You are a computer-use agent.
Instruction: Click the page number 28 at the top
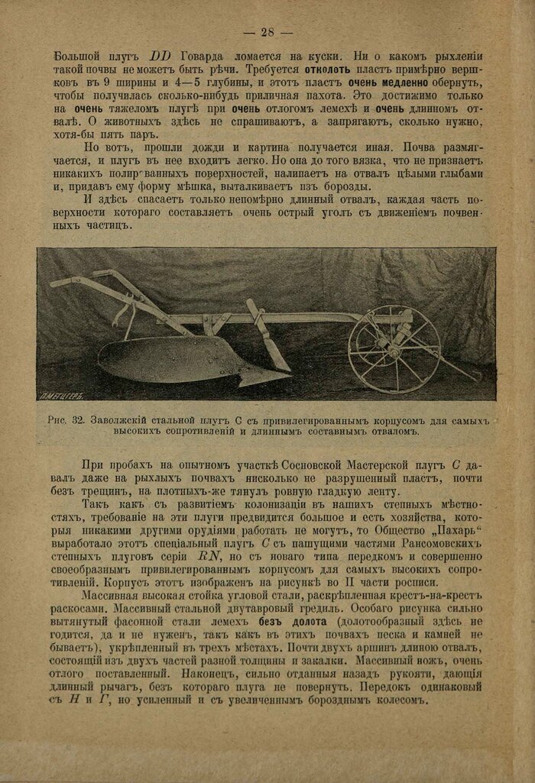click(267, 31)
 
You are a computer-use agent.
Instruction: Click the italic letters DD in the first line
click(162, 57)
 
